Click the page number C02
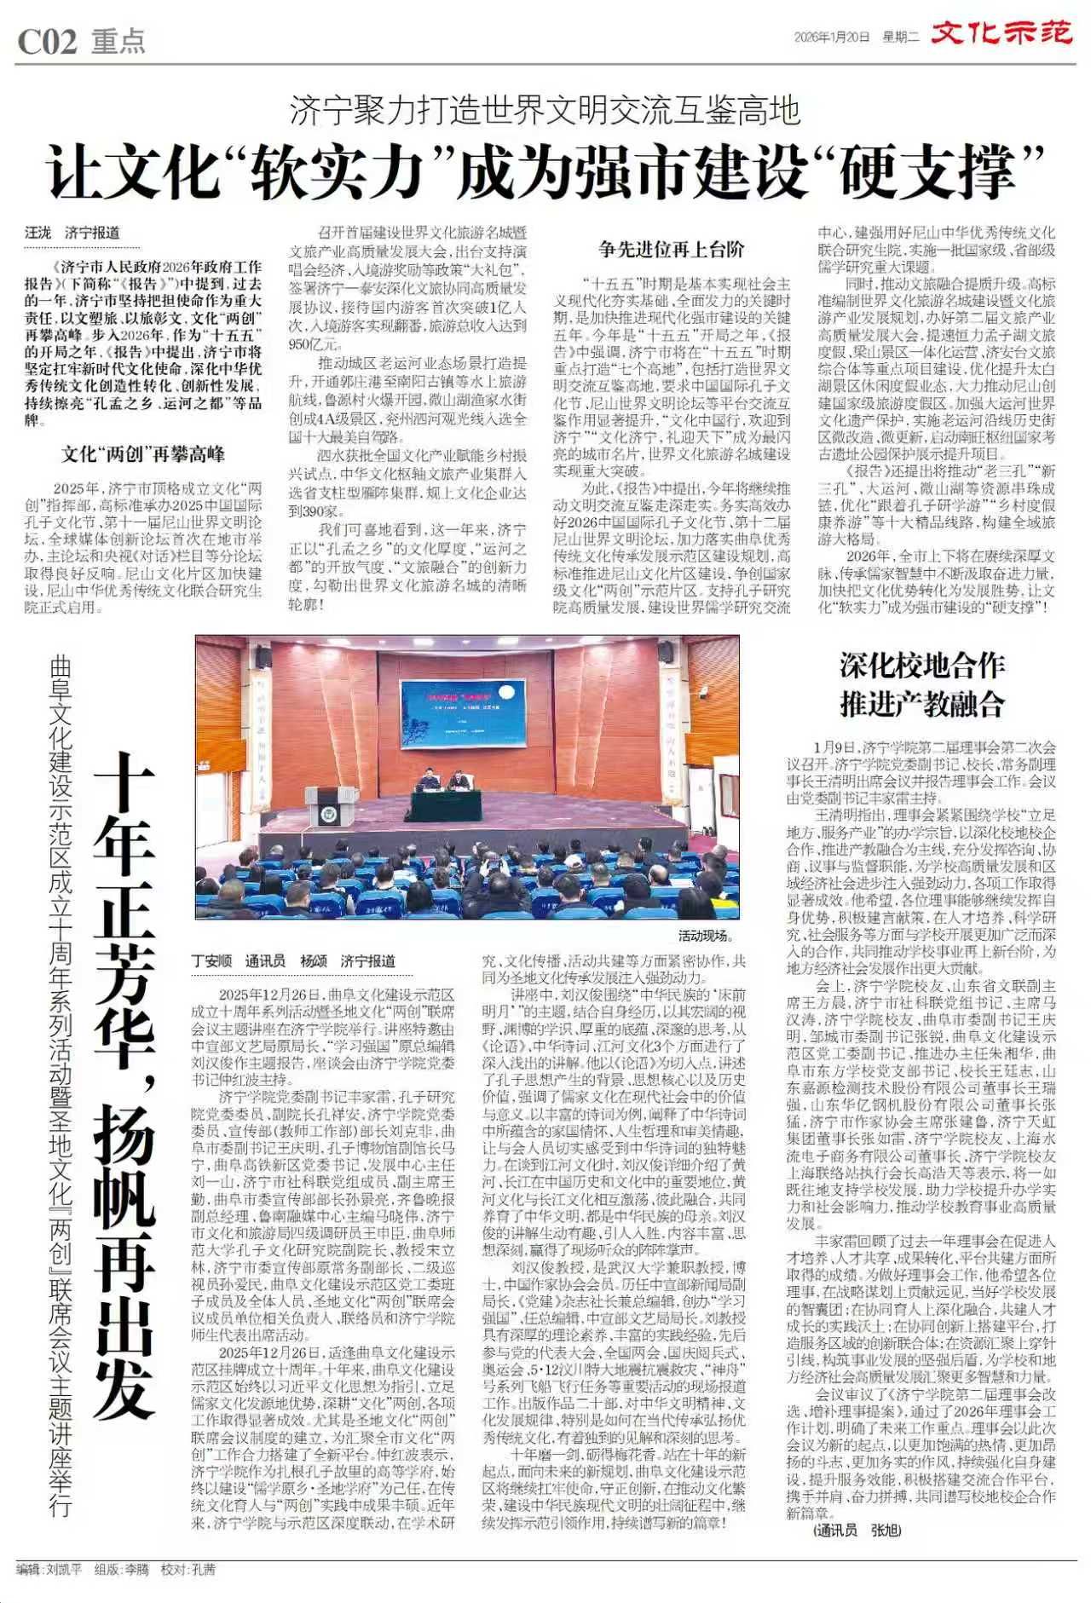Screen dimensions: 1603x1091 [x=48, y=41]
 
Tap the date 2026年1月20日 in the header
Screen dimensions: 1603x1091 [x=831, y=37]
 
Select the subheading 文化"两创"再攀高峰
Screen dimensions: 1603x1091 [x=142, y=454]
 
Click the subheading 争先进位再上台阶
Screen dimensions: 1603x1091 [x=671, y=249]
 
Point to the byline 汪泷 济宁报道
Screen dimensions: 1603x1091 [x=72, y=233]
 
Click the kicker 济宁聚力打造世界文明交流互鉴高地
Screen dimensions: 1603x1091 [x=545, y=111]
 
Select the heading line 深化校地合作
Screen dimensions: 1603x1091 [x=921, y=666]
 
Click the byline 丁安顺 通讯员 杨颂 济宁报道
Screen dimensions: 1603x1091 [x=293, y=960]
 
